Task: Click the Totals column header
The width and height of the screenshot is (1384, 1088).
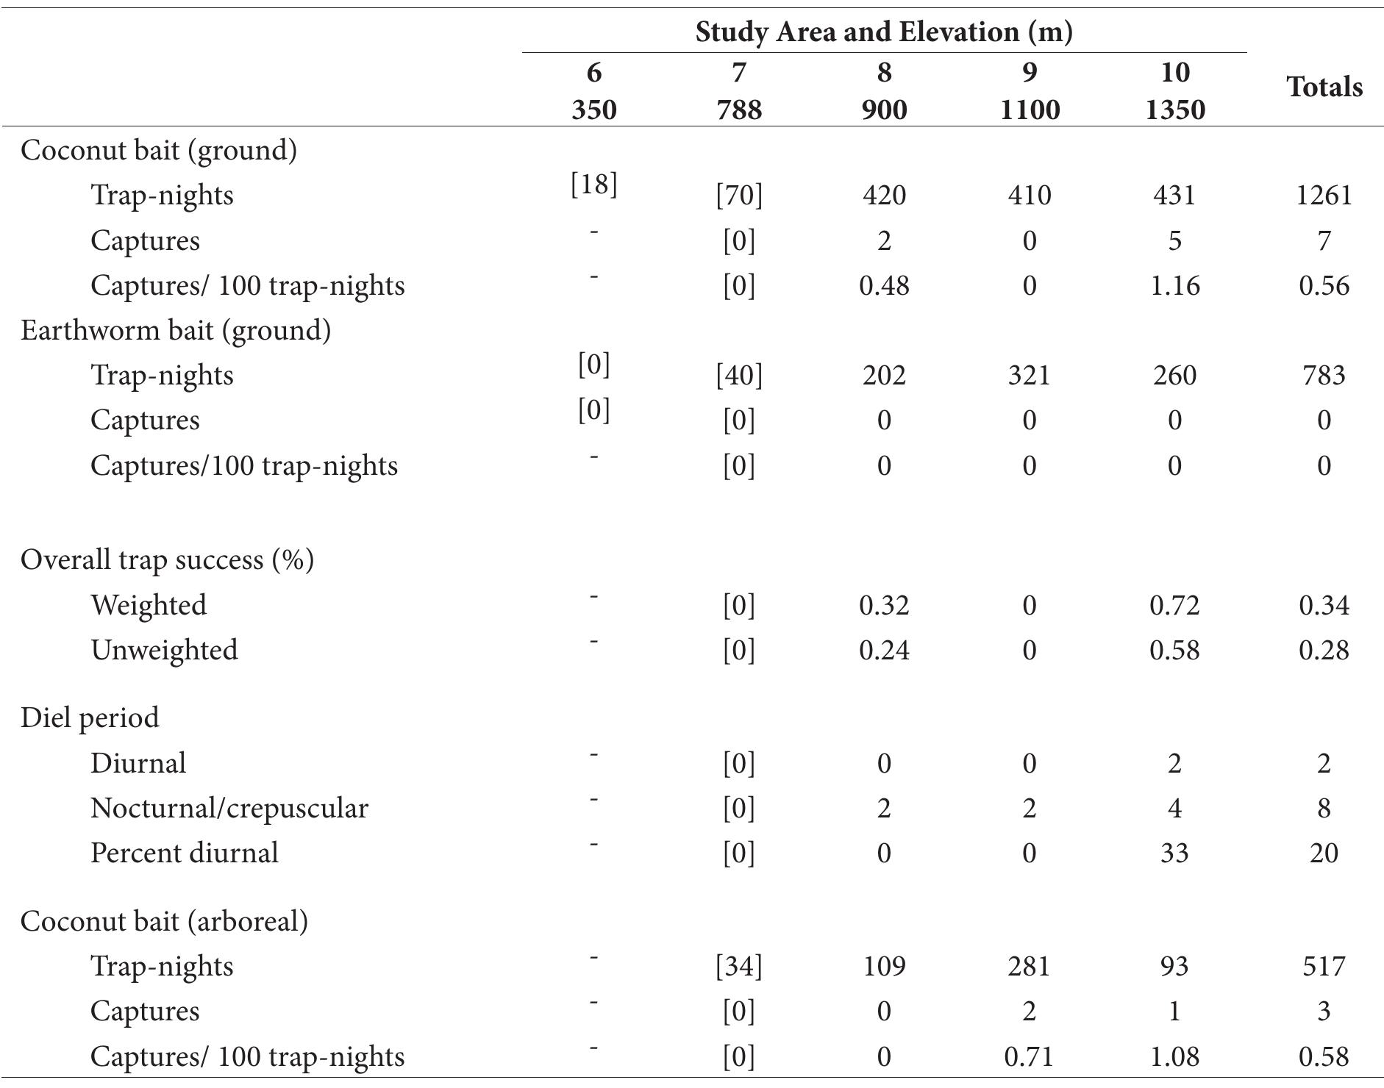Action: [x=1324, y=87]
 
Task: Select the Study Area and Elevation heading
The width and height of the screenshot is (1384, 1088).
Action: [x=883, y=32]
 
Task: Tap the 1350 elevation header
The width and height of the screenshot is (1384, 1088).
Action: [x=1174, y=110]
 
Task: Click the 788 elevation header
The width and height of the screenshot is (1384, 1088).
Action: [x=738, y=110]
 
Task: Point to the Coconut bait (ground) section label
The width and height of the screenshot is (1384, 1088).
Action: [x=159, y=150]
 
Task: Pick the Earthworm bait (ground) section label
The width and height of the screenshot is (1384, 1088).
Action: [x=176, y=330]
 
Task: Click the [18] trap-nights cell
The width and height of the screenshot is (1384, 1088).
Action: [x=593, y=184]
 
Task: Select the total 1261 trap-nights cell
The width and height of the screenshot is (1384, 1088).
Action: [x=1323, y=196]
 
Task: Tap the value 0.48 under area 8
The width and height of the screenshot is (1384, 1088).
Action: [x=884, y=285]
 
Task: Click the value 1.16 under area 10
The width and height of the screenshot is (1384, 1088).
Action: [x=1174, y=285]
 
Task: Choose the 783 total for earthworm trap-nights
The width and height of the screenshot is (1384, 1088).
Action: [x=1323, y=376]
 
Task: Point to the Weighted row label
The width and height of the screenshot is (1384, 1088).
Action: [x=149, y=605]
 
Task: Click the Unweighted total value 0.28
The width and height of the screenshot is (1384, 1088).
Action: [x=1323, y=651]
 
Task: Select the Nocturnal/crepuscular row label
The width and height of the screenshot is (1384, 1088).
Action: [x=229, y=808]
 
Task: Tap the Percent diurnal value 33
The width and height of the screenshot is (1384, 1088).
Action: [x=1174, y=853]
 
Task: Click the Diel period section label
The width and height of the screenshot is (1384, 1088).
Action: [x=90, y=717]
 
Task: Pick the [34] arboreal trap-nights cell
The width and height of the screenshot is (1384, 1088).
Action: [x=738, y=966]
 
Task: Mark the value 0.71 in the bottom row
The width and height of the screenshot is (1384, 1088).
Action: [x=1029, y=1056]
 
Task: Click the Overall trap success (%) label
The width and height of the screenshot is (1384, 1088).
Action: [x=167, y=559]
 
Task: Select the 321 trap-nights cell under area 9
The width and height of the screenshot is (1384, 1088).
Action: [x=1029, y=376]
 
